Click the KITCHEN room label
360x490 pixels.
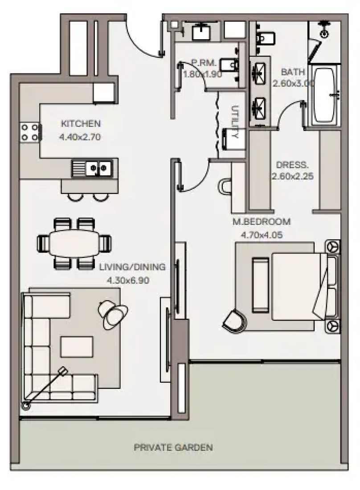[x=81, y=123]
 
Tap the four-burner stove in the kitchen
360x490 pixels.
[x=30, y=132]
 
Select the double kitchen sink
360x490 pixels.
[x=93, y=168]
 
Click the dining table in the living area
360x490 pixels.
[x=74, y=243]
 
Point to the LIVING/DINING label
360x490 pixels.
[x=132, y=267]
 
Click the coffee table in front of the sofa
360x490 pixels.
[x=77, y=347]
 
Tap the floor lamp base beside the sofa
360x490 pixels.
[x=25, y=405]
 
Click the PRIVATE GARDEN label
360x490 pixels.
[x=173, y=448]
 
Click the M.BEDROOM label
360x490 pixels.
[x=262, y=221]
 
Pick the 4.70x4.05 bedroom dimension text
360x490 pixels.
[x=262, y=235]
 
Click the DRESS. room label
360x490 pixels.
[x=292, y=164]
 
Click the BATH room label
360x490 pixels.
[x=293, y=72]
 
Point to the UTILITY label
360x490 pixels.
[x=235, y=122]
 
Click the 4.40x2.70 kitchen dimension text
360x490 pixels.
[x=80, y=137]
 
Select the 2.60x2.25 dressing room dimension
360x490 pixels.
[x=292, y=176]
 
